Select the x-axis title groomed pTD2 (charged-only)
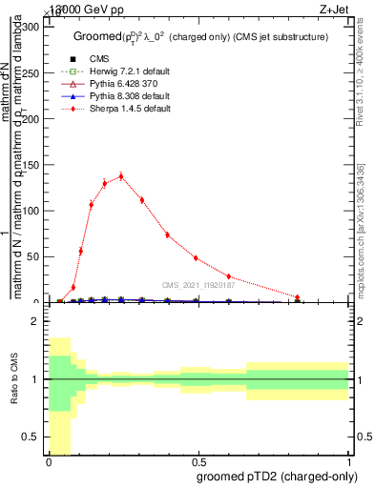(286, 476)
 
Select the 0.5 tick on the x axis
(198, 460)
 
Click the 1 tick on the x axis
(349, 460)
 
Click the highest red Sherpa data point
(121, 175)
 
